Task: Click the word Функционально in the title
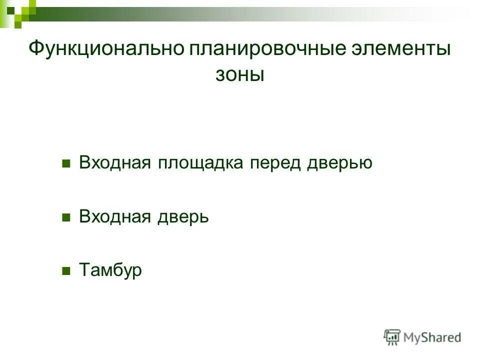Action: [x=105, y=49]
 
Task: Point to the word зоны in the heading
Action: [x=239, y=75]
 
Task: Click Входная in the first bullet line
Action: [x=115, y=163]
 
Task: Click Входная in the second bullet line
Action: [x=115, y=217]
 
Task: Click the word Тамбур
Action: [x=110, y=270]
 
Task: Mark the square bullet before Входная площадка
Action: [x=65, y=163]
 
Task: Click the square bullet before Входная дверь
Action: [x=65, y=217]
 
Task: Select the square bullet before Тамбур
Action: [x=65, y=271]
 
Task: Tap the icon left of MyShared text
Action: [x=392, y=337]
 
